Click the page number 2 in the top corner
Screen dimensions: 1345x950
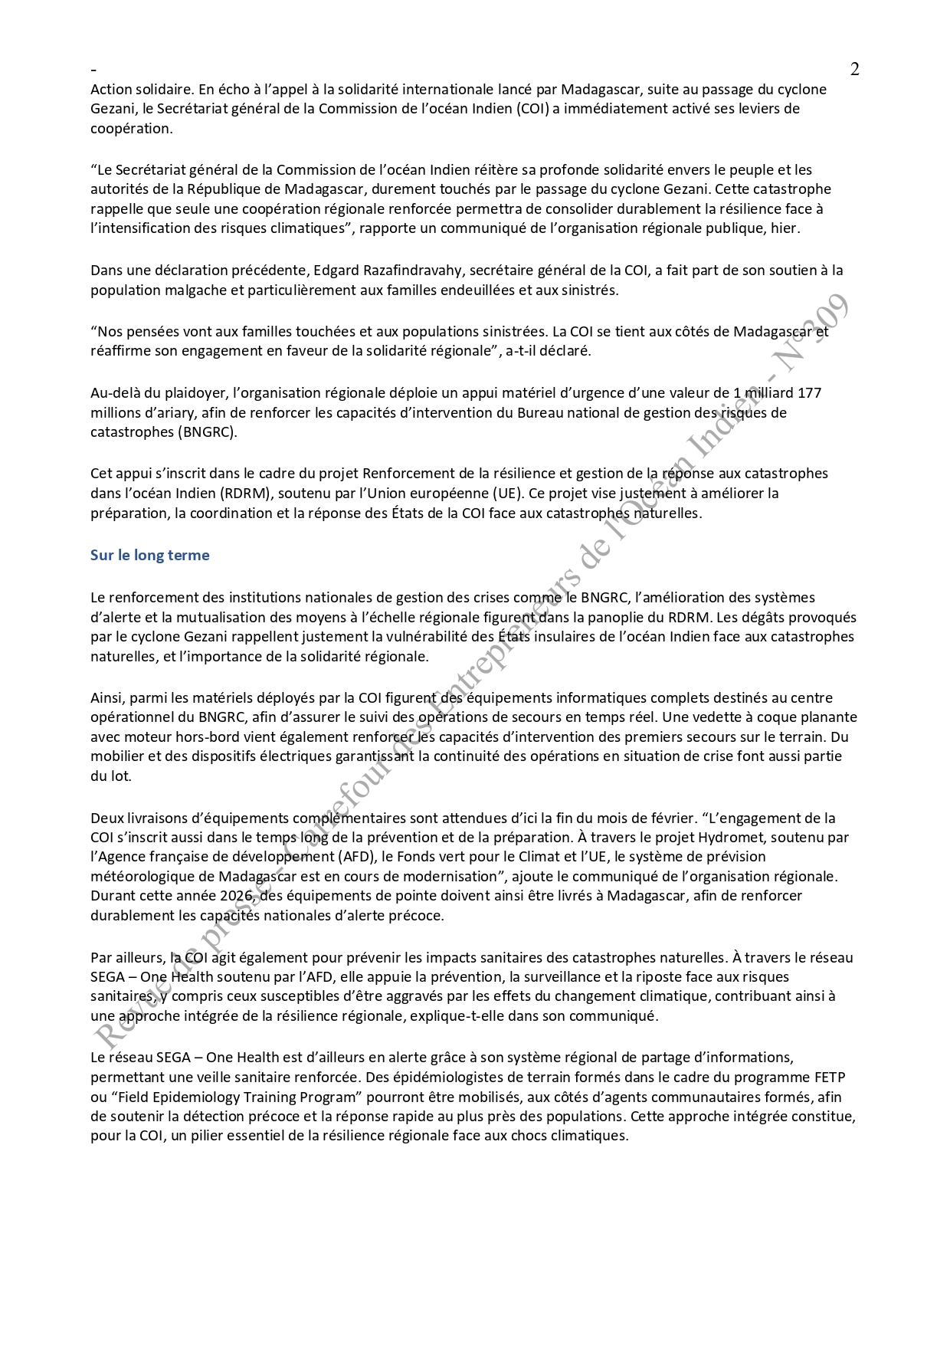pyautogui.click(x=855, y=69)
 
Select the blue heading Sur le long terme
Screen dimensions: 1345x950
pyautogui.click(x=149, y=555)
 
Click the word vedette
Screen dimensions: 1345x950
pyautogui.click(x=716, y=717)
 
